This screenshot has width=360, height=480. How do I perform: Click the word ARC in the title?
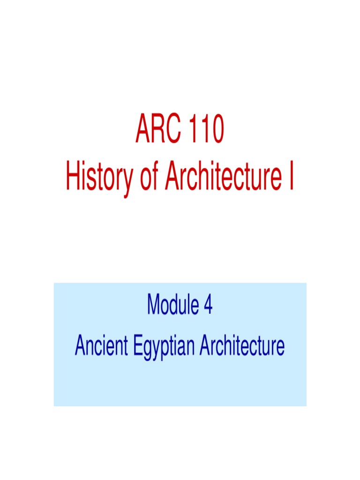157,132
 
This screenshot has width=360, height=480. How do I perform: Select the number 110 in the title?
204,132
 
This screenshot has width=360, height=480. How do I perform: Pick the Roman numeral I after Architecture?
292,178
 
